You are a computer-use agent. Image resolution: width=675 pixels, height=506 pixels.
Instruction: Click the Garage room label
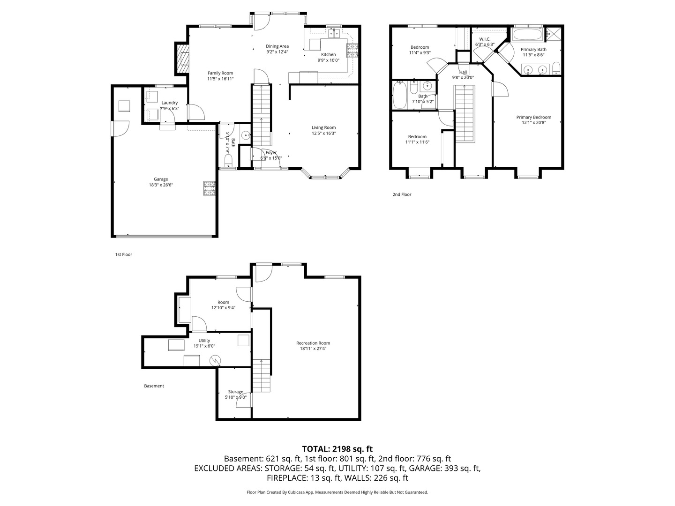click(161, 179)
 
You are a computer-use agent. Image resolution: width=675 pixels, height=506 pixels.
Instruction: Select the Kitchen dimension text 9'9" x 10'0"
click(329, 60)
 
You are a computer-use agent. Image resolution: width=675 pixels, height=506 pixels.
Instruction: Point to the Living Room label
click(323, 127)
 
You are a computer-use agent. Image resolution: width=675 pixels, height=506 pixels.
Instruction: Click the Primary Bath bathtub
click(528, 34)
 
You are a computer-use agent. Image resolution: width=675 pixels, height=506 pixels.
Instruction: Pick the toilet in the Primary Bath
click(556, 69)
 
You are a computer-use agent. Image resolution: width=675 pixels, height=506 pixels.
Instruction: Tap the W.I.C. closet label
click(485, 39)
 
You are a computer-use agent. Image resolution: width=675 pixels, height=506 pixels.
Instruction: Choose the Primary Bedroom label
click(533, 117)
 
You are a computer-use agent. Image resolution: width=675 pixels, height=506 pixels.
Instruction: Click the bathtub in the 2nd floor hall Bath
click(400, 95)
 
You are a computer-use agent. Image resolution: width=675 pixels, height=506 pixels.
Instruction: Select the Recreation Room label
click(313, 343)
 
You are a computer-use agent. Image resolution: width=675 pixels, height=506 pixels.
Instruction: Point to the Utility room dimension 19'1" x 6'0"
click(204, 346)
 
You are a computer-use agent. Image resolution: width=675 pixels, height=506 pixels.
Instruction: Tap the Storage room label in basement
click(236, 392)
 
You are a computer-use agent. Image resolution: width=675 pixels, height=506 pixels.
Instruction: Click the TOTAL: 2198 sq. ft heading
click(337, 449)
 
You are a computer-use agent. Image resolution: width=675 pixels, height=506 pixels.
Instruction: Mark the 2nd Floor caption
click(402, 194)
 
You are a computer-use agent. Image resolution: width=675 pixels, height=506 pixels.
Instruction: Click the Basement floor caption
click(154, 386)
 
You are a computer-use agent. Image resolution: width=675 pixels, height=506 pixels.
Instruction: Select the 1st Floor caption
click(123, 254)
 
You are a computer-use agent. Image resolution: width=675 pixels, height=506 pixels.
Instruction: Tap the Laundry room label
click(169, 103)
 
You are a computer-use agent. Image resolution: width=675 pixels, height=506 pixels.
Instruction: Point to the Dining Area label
click(277, 46)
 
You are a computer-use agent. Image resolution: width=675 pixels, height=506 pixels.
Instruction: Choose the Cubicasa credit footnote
click(337, 492)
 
